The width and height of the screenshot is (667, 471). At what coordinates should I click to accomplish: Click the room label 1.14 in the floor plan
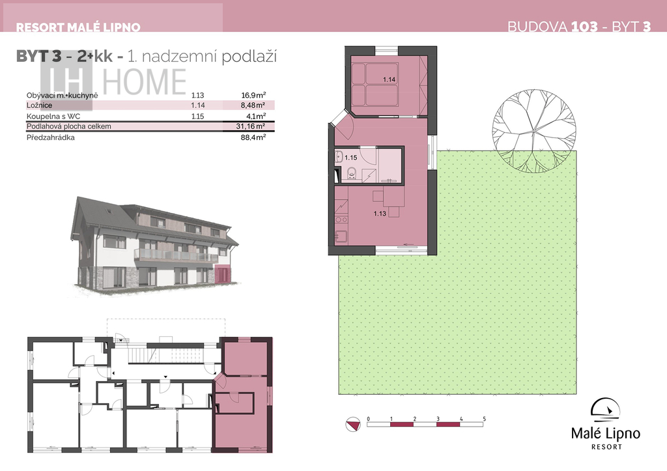pyautogui.click(x=390, y=79)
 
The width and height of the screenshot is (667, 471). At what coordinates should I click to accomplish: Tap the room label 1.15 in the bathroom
pyautogui.click(x=351, y=158)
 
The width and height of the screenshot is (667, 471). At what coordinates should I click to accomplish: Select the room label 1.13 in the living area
pyautogui.click(x=380, y=214)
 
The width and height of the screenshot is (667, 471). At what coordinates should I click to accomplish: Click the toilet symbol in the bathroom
pyautogui.click(x=352, y=173)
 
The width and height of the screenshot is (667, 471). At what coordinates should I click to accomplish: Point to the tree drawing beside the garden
pyautogui.click(x=534, y=131)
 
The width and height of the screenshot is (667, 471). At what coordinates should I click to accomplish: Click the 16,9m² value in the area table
pyautogui.click(x=253, y=95)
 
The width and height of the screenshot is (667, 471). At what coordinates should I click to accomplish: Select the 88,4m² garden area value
pyautogui.click(x=253, y=137)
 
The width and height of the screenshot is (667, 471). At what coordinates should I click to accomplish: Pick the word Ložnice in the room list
pyautogui.click(x=39, y=105)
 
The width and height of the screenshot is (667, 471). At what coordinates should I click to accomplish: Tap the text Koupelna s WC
pyautogui.click(x=53, y=116)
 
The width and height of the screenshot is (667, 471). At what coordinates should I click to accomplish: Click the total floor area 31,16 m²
pyautogui.click(x=251, y=126)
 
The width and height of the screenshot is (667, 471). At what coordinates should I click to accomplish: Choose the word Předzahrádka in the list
pyautogui.click(x=50, y=137)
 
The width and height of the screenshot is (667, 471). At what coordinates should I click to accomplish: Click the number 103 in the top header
pyautogui.click(x=584, y=26)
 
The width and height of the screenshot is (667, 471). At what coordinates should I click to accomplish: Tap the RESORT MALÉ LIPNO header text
pyautogui.click(x=78, y=27)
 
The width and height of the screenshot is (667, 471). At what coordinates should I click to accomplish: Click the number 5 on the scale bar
pyautogui.click(x=484, y=419)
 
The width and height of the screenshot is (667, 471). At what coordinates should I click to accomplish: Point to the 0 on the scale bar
pyautogui.click(x=369, y=419)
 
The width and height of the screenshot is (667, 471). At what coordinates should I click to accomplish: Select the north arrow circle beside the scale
pyautogui.click(x=352, y=424)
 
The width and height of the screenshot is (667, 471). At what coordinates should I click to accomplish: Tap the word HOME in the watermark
pyautogui.click(x=145, y=81)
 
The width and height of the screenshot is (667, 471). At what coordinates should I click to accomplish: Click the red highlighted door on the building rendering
pyautogui.click(x=220, y=274)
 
